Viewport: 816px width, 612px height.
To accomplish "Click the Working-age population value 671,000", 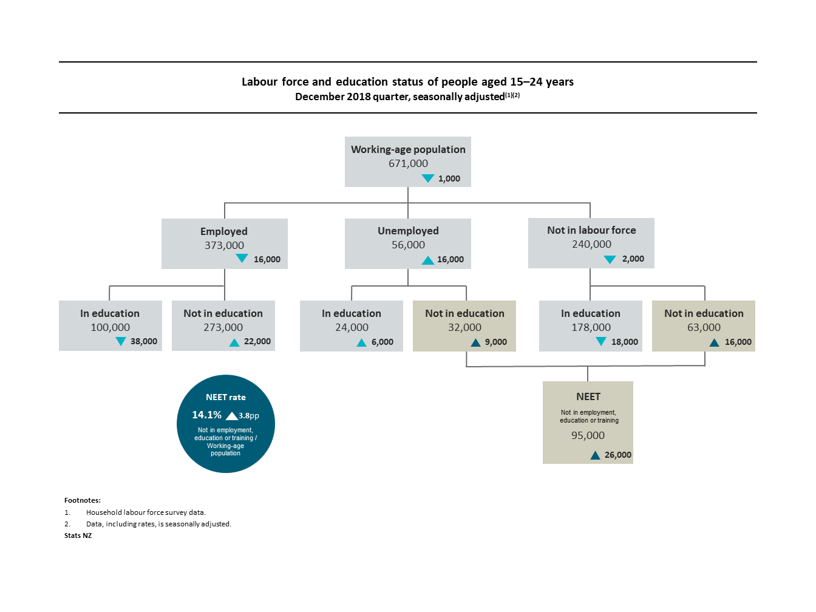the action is [x=408, y=163].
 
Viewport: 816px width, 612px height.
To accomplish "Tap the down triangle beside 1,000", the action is [x=427, y=178].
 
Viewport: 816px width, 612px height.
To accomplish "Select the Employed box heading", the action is [x=224, y=231].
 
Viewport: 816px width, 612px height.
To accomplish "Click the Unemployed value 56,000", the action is [x=408, y=245].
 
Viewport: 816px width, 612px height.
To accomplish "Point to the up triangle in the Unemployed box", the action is [x=427, y=260].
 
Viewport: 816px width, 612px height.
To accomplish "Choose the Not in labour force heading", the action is [x=591, y=230].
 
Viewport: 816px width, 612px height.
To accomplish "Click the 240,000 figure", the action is [x=591, y=244].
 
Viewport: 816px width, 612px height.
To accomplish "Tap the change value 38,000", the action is [x=143, y=341].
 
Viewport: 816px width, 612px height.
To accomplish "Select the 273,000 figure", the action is [x=223, y=327].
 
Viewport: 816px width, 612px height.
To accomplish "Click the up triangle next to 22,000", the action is [x=234, y=342].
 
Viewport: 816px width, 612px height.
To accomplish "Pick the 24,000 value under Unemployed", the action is [x=352, y=327].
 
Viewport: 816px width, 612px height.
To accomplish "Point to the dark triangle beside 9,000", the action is [x=475, y=342].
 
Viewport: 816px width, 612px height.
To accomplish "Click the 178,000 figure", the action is [x=591, y=327].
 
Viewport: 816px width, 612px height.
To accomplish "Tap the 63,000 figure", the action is [x=704, y=327].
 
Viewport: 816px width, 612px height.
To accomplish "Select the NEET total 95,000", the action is [x=588, y=435].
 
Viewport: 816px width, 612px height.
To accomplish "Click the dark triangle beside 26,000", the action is [x=595, y=455].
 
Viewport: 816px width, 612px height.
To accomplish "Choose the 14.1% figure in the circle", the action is [x=206, y=415].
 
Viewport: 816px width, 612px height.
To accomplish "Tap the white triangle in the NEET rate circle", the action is [x=231, y=416].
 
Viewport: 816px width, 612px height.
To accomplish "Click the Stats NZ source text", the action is [x=78, y=535].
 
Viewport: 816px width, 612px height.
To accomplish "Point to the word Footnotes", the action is [x=83, y=500].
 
